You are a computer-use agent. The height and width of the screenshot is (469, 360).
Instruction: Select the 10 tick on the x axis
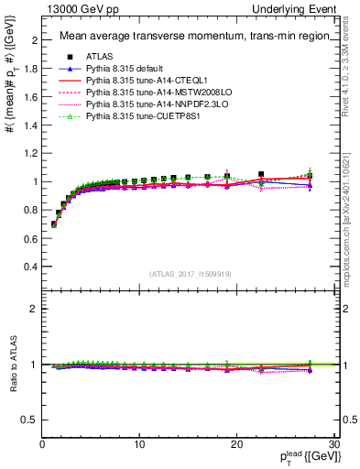[x=138, y=443]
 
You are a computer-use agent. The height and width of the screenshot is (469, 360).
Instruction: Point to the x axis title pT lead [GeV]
[x=305, y=457]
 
